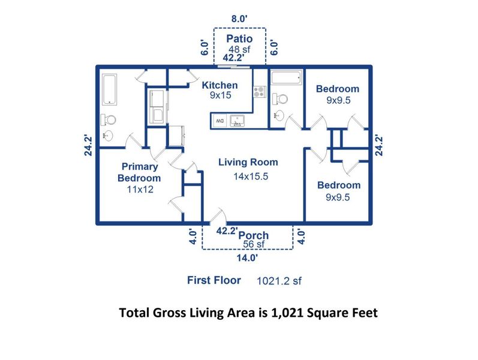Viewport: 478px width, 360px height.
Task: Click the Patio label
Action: [x=239, y=39]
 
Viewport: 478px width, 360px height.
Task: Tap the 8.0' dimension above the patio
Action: [x=239, y=19]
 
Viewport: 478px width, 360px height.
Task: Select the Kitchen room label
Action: [x=219, y=85]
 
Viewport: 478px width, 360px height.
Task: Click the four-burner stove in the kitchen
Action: [x=260, y=92]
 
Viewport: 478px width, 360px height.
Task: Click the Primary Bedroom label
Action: [x=139, y=172]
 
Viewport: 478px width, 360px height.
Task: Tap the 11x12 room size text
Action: [x=139, y=189]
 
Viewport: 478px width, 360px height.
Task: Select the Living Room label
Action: [x=248, y=162]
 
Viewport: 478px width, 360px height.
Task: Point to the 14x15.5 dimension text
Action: [x=251, y=176]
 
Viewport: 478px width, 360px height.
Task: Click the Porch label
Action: [x=254, y=235]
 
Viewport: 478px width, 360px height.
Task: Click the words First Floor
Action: [x=214, y=280]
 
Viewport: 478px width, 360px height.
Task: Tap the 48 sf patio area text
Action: [x=239, y=49]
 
